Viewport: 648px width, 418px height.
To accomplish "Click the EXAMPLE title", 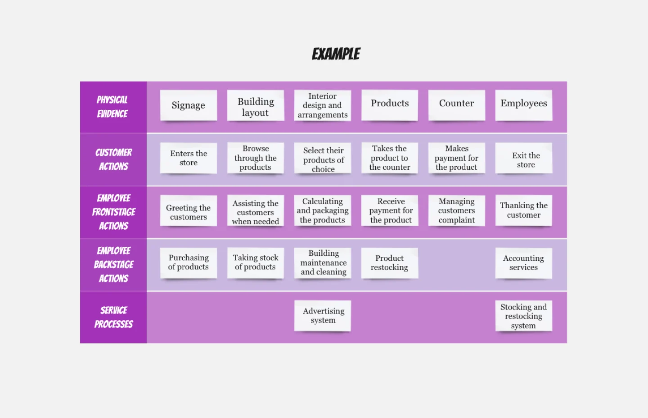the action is point(336,54).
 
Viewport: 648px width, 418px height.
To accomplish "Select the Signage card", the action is point(188,105).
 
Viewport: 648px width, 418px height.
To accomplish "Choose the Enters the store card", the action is point(188,158).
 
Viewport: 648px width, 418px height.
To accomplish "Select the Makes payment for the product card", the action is point(456,158).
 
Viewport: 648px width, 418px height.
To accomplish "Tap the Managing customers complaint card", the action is point(456,210).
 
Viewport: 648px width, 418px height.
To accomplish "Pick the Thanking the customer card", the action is point(523,210).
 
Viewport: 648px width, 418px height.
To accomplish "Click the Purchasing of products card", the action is point(188,263).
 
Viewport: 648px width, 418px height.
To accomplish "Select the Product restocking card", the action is point(389,263).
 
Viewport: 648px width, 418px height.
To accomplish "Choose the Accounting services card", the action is point(523,263).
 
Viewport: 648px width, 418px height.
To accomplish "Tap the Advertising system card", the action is point(323,315).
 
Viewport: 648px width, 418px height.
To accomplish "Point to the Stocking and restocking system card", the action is point(523,315).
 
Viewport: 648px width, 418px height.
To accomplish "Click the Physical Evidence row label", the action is point(112,107).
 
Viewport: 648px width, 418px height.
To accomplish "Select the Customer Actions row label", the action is point(113,159).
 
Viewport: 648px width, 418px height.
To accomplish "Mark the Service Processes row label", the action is point(113,317).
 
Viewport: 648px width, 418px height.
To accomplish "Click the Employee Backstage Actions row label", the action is point(113,264).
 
